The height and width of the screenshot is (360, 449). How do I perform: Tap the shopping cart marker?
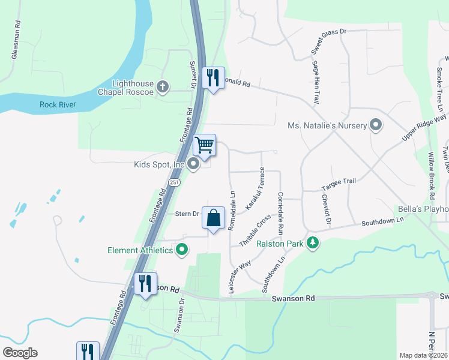coord(205,145)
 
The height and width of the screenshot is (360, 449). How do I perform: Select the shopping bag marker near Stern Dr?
coord(214,218)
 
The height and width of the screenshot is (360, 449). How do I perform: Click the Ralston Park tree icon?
coord(312,243)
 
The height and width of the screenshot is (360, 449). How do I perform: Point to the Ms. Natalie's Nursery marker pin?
coord(376,125)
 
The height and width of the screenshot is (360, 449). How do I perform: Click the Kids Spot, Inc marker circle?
coord(193,164)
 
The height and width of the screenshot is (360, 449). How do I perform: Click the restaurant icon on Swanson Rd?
coord(145,283)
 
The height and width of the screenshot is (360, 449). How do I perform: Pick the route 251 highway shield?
coord(174,182)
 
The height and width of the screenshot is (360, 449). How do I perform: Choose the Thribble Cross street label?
coord(255,232)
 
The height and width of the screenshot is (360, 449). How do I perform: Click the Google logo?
coord(20,353)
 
